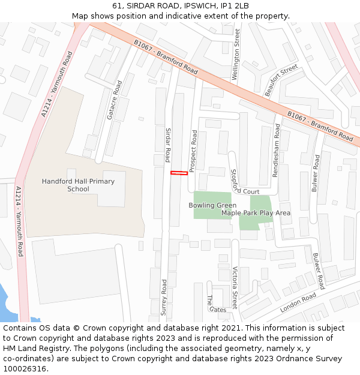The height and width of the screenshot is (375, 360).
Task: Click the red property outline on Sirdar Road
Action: [x=179, y=173]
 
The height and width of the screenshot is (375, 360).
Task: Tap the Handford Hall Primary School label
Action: [x=78, y=185]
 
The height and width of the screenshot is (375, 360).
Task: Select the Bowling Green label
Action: [x=212, y=205]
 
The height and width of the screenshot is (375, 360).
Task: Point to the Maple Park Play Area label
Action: [x=256, y=213]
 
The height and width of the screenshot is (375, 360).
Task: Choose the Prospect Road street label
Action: [x=193, y=152]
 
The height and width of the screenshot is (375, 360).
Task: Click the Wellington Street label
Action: [x=236, y=55]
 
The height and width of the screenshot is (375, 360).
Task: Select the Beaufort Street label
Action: [x=281, y=80]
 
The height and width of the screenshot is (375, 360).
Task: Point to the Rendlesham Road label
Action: [x=277, y=150]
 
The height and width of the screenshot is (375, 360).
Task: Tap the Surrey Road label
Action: [x=163, y=294]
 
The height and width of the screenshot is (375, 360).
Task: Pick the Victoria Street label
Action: [x=235, y=287]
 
